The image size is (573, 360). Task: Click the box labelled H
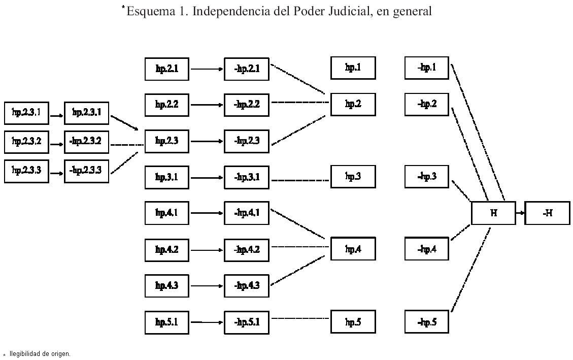[493, 213]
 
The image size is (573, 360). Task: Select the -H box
[547, 213]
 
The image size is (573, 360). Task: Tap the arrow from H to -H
[520, 213]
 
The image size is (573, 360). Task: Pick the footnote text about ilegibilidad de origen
[40, 353]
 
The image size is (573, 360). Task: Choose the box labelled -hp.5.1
[247, 321]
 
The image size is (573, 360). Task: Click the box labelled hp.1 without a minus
[353, 68]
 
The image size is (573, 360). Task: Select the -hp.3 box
[426, 177]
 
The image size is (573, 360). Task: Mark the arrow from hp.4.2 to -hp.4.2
[207, 250]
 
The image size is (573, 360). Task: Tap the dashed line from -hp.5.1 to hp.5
[299, 318]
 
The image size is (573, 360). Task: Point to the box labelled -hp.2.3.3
[86, 171]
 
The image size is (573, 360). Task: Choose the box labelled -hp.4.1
[247, 213]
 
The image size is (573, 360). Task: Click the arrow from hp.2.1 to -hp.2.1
[207, 69]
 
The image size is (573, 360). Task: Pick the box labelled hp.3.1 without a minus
[166, 177]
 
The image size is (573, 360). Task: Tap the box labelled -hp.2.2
[247, 105]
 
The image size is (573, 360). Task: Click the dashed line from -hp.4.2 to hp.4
[299, 246]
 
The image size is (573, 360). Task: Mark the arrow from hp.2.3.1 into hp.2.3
[125, 123]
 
